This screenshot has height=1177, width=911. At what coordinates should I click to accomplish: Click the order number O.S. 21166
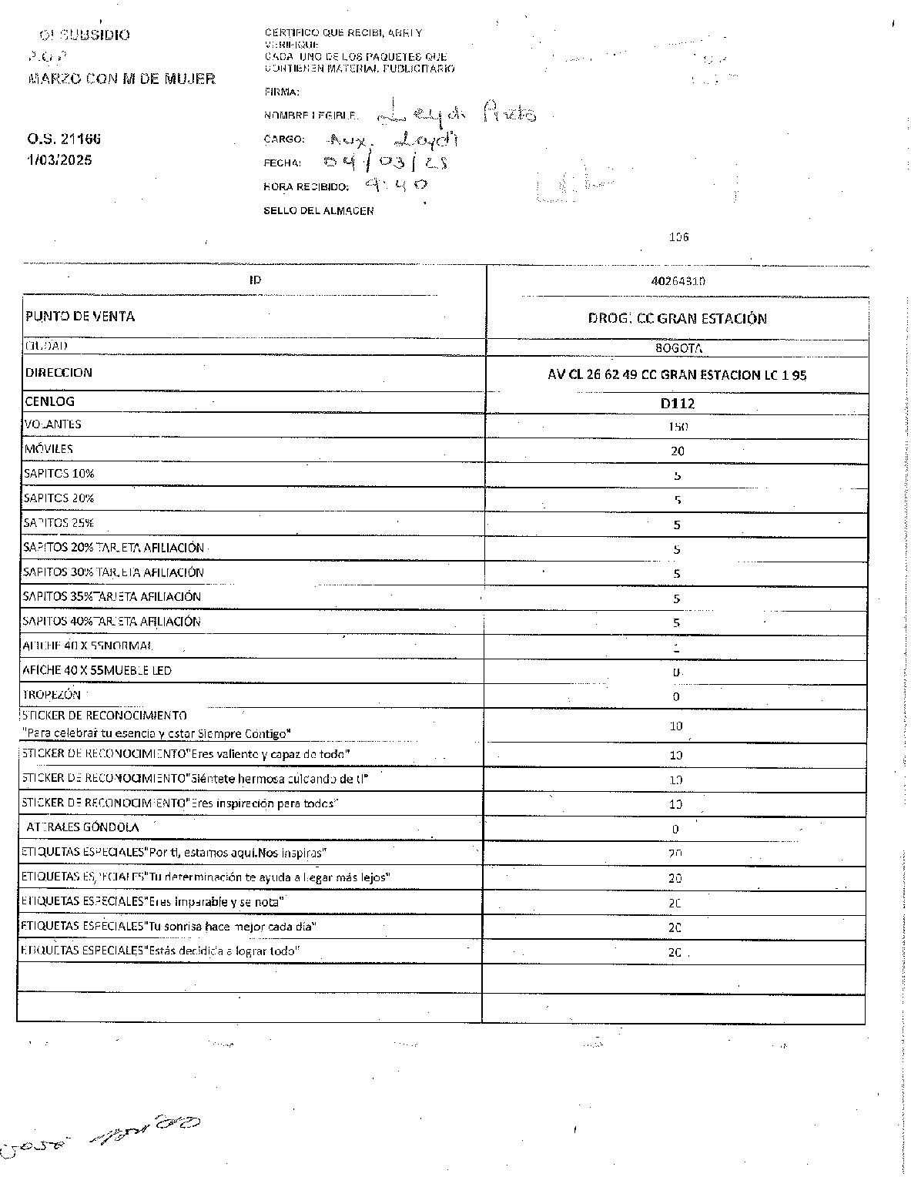pyautogui.click(x=64, y=139)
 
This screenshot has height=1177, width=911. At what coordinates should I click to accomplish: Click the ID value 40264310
pyautogui.click(x=678, y=281)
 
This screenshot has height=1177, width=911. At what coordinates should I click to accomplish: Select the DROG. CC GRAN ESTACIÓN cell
pyautogui.click(x=678, y=319)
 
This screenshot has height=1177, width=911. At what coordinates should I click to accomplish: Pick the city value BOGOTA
pyautogui.click(x=678, y=348)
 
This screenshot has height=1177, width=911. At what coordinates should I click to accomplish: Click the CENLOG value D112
pyautogui.click(x=678, y=403)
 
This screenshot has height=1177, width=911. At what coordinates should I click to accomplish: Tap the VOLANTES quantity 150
pyautogui.click(x=678, y=427)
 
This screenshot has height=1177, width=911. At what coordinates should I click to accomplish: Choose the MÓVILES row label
pyautogui.click(x=49, y=449)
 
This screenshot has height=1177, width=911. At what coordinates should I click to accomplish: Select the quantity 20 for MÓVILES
pyautogui.click(x=678, y=451)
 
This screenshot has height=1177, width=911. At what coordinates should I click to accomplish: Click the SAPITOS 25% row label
pyautogui.click(x=59, y=523)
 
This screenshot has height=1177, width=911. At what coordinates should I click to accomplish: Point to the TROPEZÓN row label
pyautogui.click(x=52, y=695)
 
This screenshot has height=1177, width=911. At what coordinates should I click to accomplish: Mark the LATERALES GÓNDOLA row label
pyautogui.click(x=82, y=827)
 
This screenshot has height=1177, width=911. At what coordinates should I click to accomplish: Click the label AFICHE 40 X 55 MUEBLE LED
pyautogui.click(x=97, y=670)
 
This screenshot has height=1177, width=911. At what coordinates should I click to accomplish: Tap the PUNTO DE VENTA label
pyautogui.click(x=80, y=317)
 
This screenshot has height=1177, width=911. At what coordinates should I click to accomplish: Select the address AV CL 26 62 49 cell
pyautogui.click(x=677, y=375)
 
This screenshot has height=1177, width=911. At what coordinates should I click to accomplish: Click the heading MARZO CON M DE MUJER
pyautogui.click(x=122, y=79)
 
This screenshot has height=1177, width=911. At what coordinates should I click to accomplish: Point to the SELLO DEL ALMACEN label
pyautogui.click(x=319, y=211)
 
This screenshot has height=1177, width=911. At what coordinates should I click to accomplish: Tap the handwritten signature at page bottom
pyautogui.click(x=100, y=1135)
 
